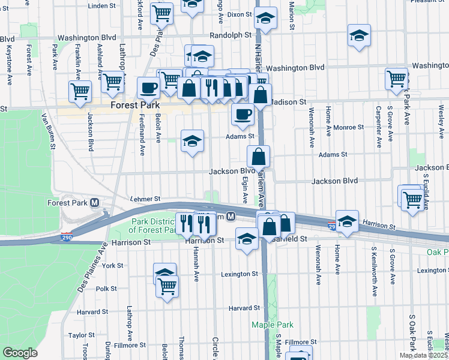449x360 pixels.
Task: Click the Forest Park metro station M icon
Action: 95,203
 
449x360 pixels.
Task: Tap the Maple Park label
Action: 272,325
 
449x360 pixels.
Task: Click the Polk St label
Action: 106,289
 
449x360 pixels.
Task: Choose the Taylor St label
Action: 78,335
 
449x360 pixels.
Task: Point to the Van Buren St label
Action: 48,131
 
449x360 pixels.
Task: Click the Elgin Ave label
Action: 245,188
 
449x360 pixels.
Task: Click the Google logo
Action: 20,352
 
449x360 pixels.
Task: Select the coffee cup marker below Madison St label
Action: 243,113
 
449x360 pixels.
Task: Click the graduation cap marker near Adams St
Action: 192,142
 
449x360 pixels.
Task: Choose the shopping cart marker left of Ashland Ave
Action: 80,91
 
